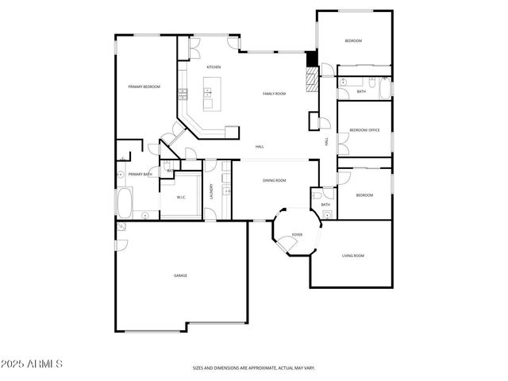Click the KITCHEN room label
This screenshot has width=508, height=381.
click(x=214, y=67)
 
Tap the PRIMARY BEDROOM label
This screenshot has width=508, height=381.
click(x=144, y=87)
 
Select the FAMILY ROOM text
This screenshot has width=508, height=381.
click(x=274, y=94)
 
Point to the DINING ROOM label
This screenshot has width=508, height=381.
click(x=274, y=181)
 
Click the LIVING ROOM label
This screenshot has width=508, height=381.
click(x=352, y=256)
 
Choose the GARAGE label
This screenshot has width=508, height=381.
click(x=180, y=275)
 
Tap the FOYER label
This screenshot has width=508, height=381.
click(x=297, y=235)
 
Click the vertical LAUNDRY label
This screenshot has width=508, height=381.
click(x=212, y=191)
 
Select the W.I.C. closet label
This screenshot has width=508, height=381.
click(x=181, y=197)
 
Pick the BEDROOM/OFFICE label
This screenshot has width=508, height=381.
click(x=364, y=129)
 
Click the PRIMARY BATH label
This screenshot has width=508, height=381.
click(x=140, y=174)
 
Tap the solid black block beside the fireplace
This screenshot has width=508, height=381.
click(x=312, y=60)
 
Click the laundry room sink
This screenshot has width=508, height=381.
click(x=227, y=190)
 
